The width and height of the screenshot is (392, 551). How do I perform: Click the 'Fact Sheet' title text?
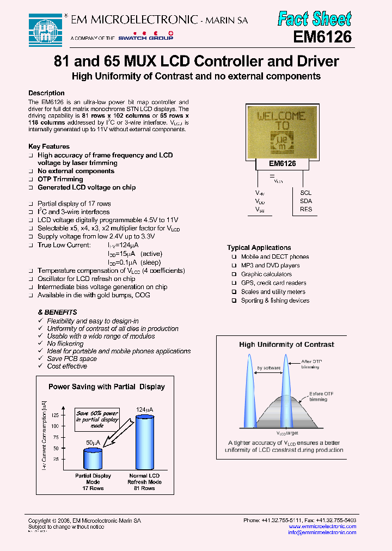coord(314,19)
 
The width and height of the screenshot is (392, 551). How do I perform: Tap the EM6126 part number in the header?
coord(322,38)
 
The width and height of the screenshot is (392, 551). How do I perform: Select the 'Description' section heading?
coord(46,93)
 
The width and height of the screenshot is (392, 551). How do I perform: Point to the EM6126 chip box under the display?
coord(282,163)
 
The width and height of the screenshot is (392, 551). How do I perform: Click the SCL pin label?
coord(306,193)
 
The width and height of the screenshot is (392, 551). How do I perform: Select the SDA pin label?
coord(306,201)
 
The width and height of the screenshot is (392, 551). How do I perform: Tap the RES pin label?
coord(306,209)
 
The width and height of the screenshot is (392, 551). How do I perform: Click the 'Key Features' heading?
coord(49,146)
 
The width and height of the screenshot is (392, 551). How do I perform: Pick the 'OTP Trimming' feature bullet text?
coord(60,179)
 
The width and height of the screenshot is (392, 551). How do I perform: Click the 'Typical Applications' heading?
coord(259,248)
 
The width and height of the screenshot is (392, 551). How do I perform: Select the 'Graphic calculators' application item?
coord(266,274)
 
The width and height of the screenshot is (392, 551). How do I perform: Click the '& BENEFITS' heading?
coord(57,313)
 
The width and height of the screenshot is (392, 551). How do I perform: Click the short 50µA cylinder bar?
coord(93,458)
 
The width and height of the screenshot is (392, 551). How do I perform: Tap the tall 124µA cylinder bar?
coord(144,442)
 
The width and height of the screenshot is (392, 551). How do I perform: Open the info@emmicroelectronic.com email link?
coord(322,532)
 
